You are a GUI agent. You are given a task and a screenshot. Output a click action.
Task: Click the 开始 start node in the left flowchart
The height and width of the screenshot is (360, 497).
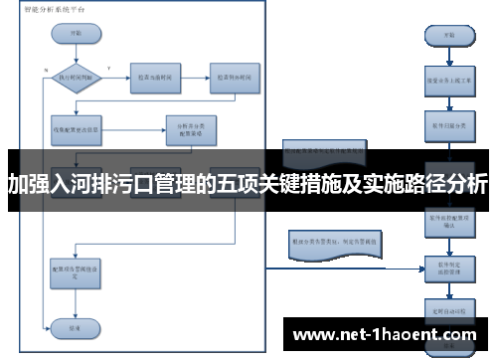click(x=76, y=31)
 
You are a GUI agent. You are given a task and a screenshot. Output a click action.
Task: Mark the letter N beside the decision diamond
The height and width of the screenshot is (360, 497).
click(x=47, y=69)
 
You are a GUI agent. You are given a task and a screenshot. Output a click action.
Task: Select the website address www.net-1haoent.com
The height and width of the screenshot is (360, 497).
click(x=387, y=334)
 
